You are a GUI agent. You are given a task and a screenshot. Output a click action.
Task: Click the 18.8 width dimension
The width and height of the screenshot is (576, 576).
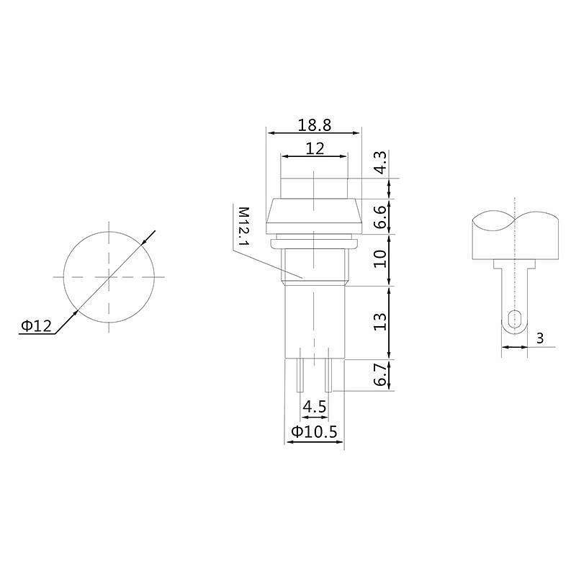314,125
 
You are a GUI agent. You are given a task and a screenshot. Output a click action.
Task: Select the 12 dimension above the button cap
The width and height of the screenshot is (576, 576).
315,149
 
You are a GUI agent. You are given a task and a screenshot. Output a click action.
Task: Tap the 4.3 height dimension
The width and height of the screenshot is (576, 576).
381,162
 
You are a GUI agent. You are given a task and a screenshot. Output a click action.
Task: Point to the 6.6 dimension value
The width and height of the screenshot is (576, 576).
381,217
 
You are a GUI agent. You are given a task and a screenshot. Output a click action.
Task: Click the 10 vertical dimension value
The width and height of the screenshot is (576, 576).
380,259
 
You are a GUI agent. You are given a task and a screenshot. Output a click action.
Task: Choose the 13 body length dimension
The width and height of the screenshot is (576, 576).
380,322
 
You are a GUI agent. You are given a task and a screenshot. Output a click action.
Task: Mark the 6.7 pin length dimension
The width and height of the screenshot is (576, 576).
381,375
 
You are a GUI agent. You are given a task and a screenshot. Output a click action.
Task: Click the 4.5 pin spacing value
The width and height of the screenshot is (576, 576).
315,407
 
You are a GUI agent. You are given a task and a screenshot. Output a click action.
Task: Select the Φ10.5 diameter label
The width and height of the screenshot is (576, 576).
314,431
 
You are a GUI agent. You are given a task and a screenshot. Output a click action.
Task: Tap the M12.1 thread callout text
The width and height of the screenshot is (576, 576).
243,227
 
